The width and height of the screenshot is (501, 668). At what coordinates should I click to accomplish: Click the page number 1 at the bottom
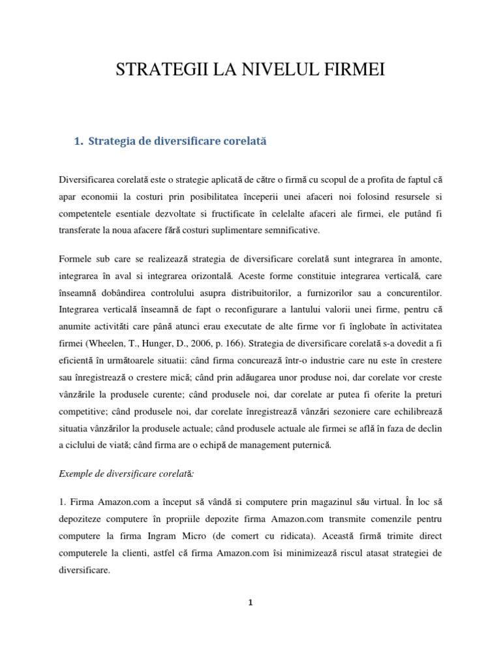click(250, 603)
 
